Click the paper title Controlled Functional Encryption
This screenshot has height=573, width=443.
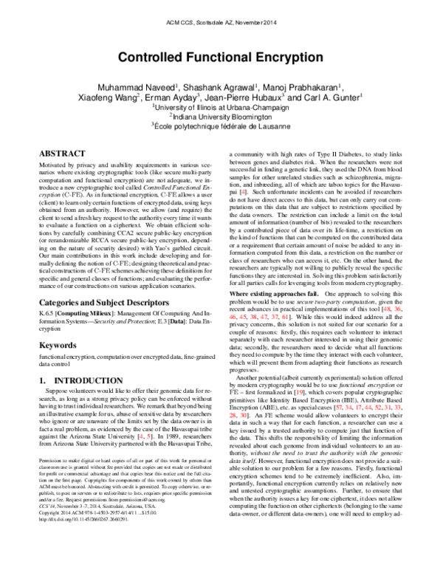(221, 57)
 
